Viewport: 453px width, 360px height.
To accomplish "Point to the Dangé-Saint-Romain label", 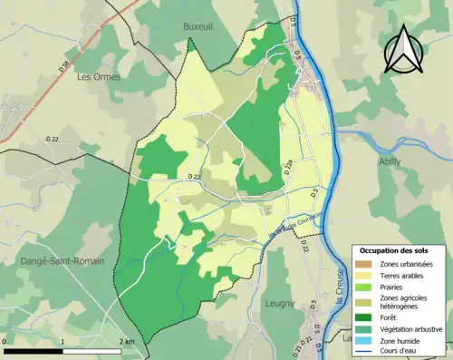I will click(x=61, y=260).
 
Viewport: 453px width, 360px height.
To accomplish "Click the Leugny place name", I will click(x=281, y=304).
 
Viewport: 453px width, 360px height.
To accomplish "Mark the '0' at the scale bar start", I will click(x=6, y=341).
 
